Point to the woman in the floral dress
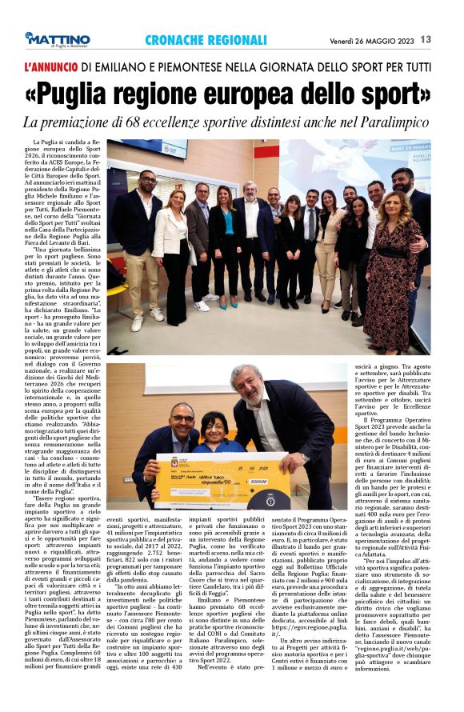pyautogui.click(x=392, y=256)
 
